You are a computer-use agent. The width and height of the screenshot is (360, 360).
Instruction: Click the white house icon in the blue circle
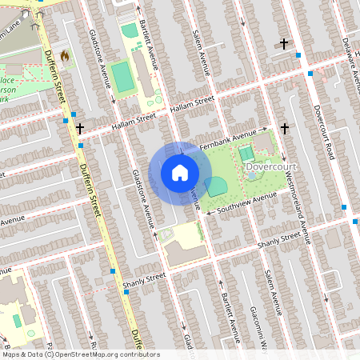180,172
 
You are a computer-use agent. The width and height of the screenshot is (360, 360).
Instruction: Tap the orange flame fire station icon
65,58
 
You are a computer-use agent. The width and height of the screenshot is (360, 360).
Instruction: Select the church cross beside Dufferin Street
79,127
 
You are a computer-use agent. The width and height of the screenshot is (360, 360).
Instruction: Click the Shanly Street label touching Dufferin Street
144,278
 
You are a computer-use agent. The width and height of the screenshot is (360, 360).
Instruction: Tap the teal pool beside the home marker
215,187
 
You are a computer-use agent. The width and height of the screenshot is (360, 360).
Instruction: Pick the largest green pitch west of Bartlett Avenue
123,78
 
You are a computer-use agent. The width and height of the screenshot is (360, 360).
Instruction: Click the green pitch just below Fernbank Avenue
246,153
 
